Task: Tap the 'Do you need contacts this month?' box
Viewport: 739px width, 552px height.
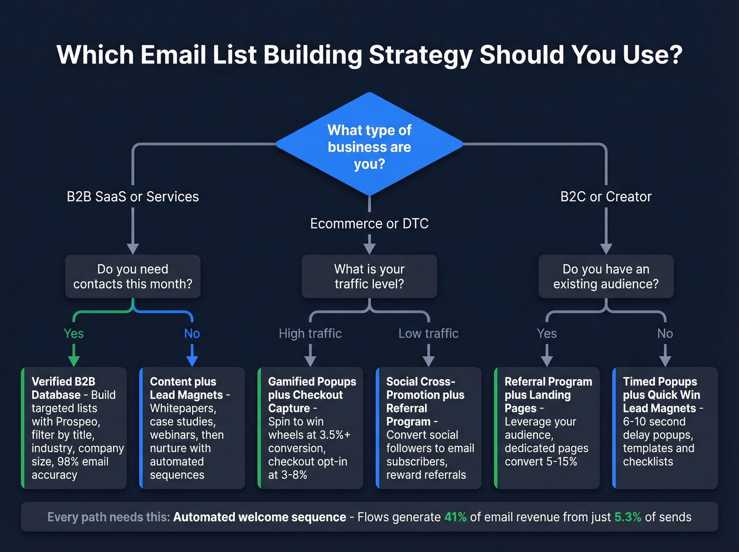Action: [132, 276]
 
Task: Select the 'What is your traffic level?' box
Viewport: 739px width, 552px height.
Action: [369, 276]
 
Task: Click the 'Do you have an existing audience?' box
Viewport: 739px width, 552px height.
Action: [606, 276]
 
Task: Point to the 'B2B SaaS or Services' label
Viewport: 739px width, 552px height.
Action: [132, 197]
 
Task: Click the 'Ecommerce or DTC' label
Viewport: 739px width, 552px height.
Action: [369, 223]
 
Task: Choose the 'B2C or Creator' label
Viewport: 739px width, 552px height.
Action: [606, 197]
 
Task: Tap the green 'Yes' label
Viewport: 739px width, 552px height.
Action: [74, 333]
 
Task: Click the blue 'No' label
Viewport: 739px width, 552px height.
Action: [192, 333]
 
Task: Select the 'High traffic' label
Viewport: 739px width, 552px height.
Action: [310, 333]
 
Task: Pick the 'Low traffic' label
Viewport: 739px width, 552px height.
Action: [429, 333]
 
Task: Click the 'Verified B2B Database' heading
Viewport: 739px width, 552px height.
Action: [63, 388]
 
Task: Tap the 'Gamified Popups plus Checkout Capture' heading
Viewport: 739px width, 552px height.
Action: [311, 395]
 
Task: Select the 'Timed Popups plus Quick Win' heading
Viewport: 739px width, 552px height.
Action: [661, 388]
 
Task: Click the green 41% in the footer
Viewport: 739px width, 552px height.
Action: [455, 517]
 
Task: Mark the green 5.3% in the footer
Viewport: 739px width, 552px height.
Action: [628, 517]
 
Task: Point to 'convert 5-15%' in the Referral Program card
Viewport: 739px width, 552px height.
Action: [541, 461]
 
